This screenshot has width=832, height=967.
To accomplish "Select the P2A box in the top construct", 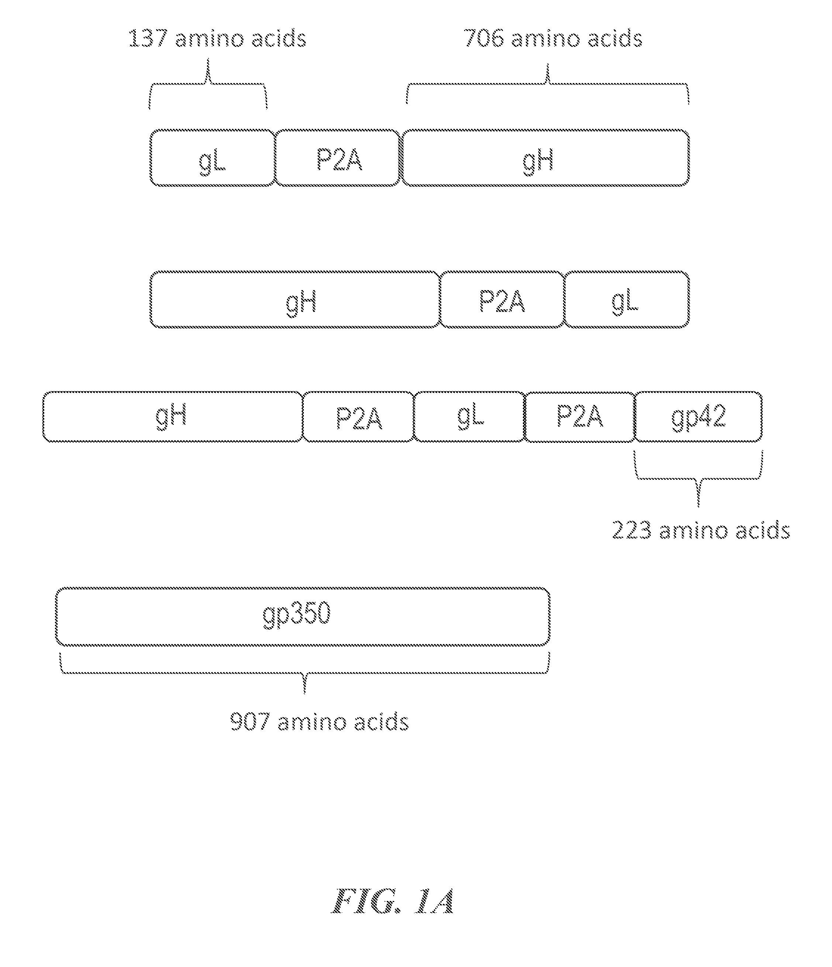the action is pos(338,158).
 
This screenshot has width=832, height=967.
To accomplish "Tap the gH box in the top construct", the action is pos(545,158).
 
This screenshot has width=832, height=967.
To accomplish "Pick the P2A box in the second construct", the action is pos(503,299).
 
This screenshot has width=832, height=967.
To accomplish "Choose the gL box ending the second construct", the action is pos(627,299).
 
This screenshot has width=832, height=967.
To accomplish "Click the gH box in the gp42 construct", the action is pos(173,416).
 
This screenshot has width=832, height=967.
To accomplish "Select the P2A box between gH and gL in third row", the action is pos(358,416).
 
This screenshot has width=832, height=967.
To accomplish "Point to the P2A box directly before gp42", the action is pos(580,416).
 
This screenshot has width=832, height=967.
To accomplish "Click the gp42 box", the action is pos(698,416).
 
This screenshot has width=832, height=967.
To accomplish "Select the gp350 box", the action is pos(303,616).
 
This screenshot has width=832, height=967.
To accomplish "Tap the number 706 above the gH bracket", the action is pos(484,38).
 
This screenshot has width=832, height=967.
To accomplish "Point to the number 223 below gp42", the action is pos(632,530).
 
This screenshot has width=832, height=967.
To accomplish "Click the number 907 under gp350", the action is pos(250,722).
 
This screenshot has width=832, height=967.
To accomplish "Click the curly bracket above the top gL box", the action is pos(208,84).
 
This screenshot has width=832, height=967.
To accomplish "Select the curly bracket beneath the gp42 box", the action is pos(698,478).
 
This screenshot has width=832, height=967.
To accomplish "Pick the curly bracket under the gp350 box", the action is pos(305,672).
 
